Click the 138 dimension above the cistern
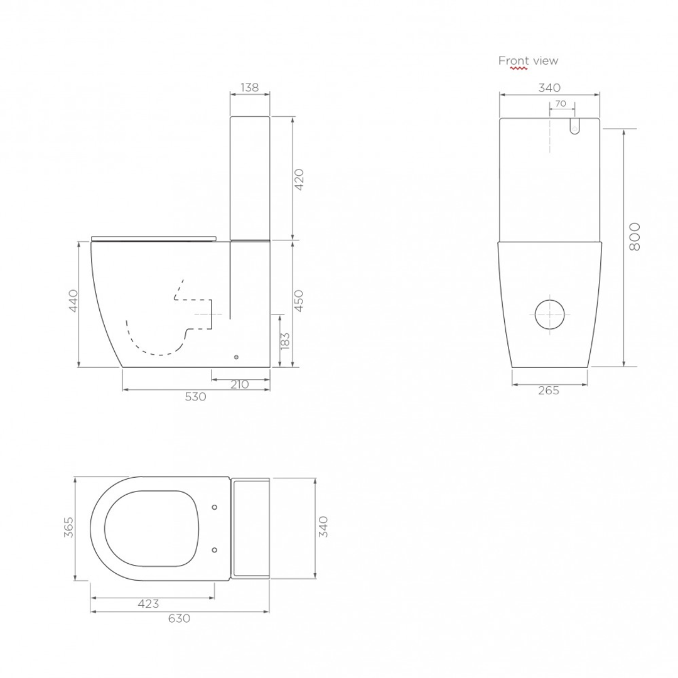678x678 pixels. [x=250, y=87]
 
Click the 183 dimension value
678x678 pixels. [x=286, y=342]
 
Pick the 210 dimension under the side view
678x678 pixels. [x=240, y=384]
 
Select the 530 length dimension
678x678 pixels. [x=196, y=397]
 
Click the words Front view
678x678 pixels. [x=528, y=60]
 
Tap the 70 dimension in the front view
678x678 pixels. [x=561, y=103]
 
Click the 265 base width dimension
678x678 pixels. [x=549, y=390]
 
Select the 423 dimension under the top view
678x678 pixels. [x=148, y=604]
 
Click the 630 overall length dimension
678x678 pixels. [x=179, y=618]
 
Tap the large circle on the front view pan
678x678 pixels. [x=551, y=311]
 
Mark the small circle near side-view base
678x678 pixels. [x=236, y=358]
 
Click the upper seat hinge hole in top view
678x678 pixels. [x=215, y=507]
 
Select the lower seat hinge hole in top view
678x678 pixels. [x=215, y=549]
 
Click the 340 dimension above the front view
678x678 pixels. [x=549, y=87]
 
